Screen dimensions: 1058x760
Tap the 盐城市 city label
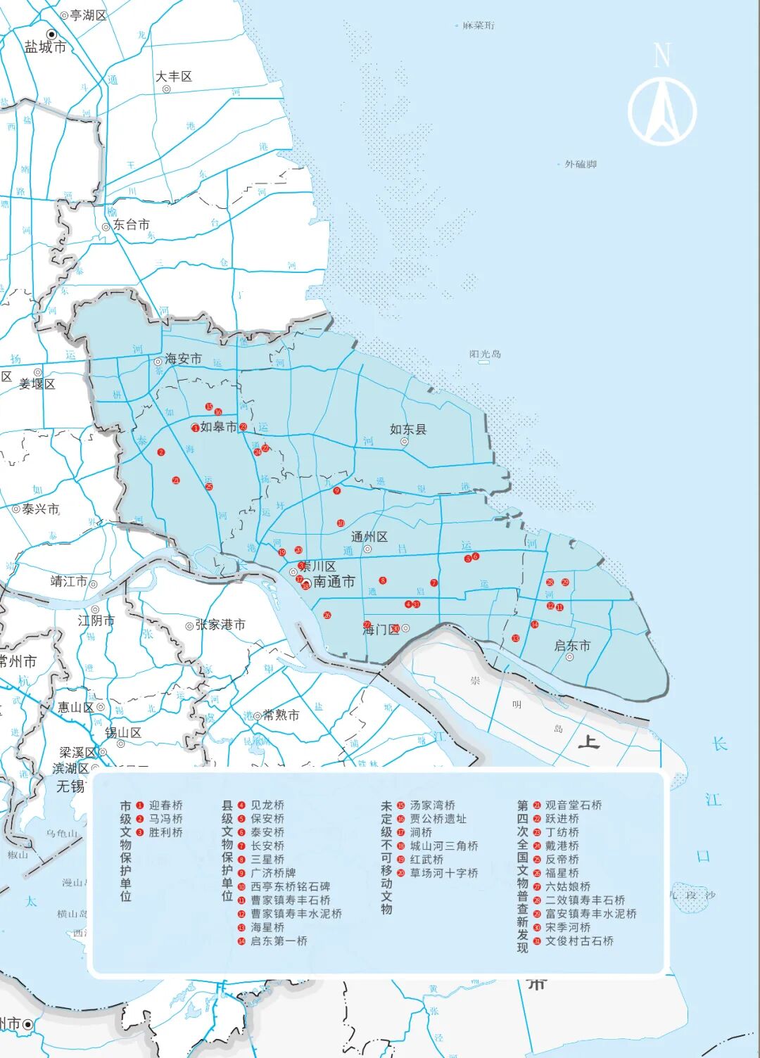45,47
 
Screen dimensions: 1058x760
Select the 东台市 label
132,224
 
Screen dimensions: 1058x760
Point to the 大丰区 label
174,77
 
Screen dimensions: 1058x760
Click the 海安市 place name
183,359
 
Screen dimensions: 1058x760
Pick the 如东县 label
408,429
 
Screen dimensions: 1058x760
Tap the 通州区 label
369,537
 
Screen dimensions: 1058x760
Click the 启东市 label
572,646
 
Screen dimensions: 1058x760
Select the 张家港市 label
220,625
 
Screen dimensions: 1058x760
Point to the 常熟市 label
281,715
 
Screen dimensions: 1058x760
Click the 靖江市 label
69,582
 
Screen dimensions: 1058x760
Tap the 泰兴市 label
40,509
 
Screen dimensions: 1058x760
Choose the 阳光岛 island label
485,354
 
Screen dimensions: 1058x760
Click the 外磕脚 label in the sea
581,164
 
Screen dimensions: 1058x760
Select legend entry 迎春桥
165,805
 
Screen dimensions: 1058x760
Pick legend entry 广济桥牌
273,873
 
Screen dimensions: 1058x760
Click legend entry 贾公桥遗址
438,819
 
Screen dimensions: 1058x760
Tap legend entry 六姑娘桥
568,886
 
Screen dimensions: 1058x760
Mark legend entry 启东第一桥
279,941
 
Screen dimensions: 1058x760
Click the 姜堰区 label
37,383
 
